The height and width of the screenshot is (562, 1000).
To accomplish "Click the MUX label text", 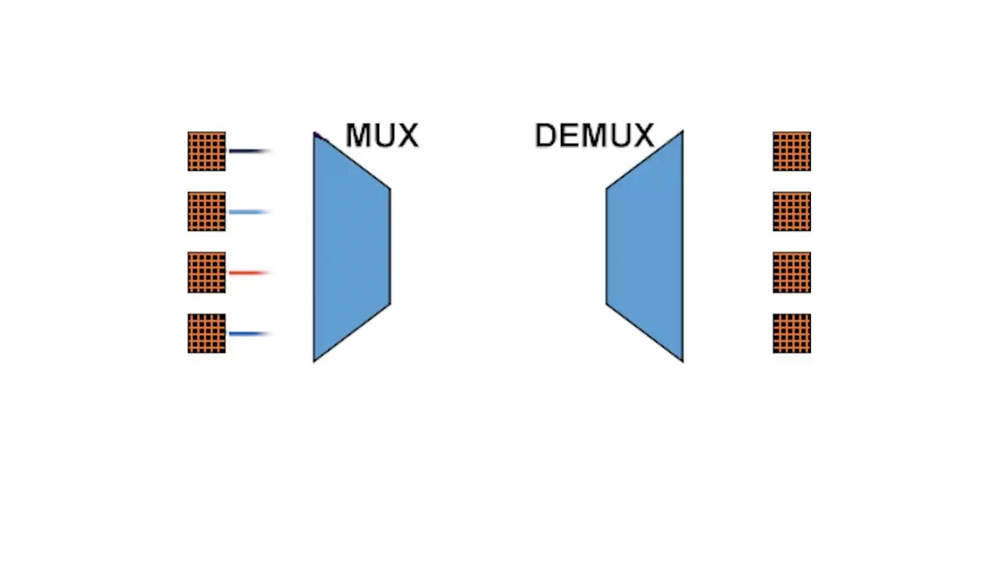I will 381,136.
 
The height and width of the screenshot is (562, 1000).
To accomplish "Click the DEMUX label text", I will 594,136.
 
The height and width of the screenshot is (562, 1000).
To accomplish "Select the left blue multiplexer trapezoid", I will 351,246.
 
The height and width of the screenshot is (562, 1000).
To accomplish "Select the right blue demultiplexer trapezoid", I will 645,246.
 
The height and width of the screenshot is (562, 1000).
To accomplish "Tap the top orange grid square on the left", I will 206,151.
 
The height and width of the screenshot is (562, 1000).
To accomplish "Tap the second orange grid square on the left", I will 206,212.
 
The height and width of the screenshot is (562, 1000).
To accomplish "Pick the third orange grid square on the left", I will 206,272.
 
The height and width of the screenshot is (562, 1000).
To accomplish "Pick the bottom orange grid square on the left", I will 206,333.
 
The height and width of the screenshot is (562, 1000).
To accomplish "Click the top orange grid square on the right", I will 791,151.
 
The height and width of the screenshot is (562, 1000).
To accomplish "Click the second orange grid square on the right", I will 791,212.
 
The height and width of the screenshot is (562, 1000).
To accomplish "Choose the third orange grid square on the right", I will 791,272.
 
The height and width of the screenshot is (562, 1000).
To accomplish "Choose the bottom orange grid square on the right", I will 791,333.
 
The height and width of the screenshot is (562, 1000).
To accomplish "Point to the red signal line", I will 248,272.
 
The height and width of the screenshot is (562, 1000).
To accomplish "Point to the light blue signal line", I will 248,212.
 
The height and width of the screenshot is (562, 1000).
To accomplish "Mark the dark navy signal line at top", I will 248,151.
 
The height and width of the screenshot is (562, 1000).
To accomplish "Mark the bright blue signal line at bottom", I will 248,333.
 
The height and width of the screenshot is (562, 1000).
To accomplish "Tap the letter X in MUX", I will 407,136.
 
